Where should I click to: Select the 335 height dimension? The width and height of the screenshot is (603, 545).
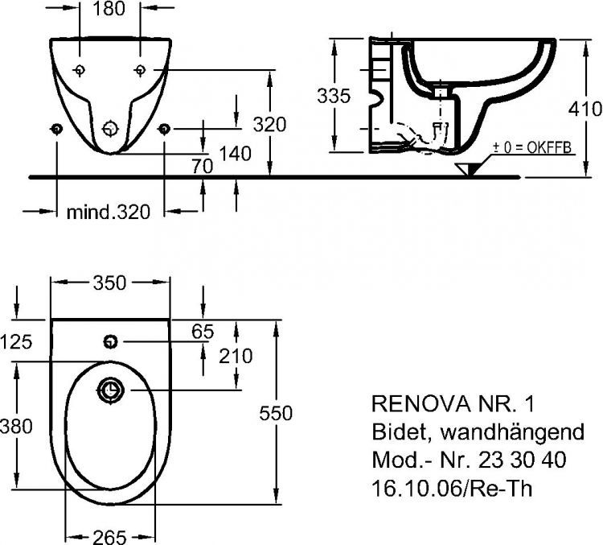(x=334, y=97)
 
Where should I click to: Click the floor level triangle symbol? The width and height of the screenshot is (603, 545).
(x=467, y=168)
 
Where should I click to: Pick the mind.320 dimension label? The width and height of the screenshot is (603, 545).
(x=108, y=213)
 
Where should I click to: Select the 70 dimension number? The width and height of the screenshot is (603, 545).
(x=202, y=167)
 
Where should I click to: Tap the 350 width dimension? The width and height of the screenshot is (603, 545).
(x=109, y=283)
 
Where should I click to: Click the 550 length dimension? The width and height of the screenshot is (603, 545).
(x=277, y=412)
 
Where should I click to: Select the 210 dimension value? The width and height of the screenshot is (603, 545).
(x=236, y=356)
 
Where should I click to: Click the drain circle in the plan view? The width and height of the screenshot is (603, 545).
(x=111, y=391)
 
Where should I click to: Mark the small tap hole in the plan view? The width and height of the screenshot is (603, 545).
(x=110, y=342)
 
